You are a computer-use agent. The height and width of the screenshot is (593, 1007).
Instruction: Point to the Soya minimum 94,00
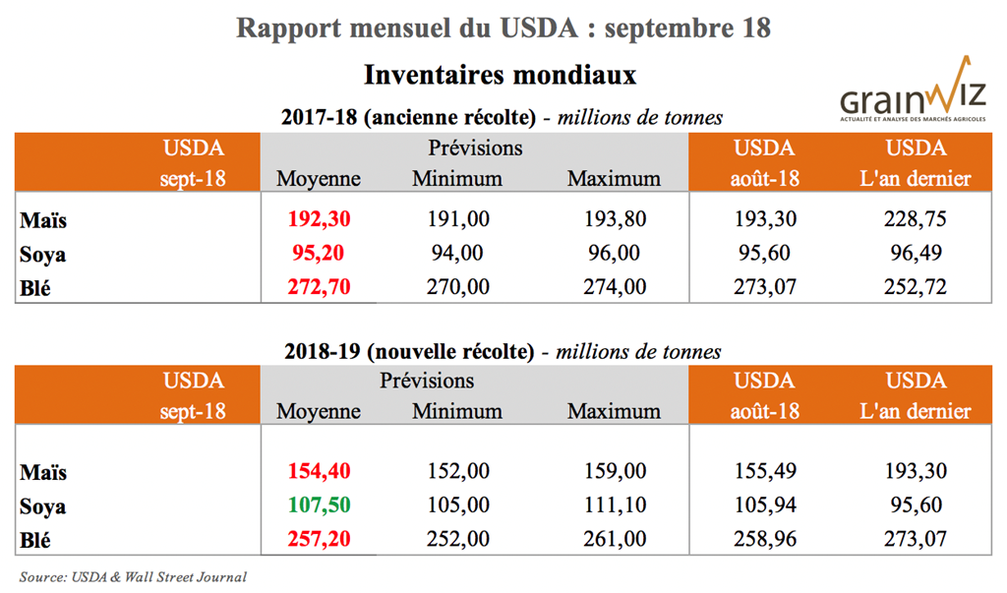point(456,253)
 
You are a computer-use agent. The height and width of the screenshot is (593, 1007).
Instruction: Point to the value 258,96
point(764,540)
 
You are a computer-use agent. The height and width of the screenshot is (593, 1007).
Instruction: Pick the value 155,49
point(764,473)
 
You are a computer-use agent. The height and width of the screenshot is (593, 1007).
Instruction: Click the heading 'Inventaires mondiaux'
point(501,75)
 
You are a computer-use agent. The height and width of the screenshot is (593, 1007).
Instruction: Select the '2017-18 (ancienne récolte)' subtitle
point(408,118)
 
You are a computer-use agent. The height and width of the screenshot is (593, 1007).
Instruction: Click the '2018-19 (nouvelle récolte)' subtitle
point(408,352)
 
